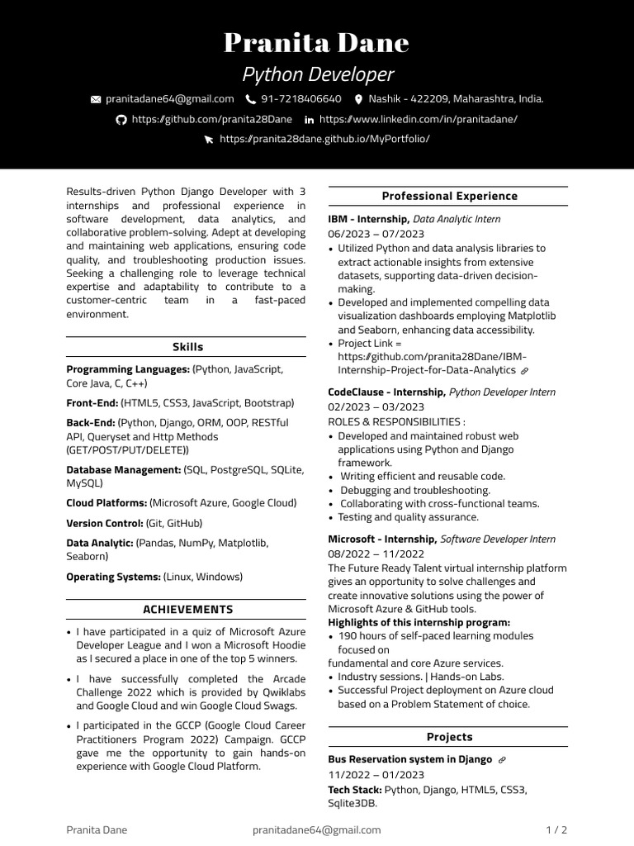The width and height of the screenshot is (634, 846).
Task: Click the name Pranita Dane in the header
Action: pyautogui.click(x=317, y=42)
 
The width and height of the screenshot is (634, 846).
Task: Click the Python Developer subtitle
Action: pyautogui.click(x=317, y=75)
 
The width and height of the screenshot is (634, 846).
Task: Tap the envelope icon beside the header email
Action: pyautogui.click(x=96, y=99)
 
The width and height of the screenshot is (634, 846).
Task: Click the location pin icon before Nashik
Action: pyautogui.click(x=358, y=99)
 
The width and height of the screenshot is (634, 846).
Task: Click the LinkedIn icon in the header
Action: pyautogui.click(x=309, y=120)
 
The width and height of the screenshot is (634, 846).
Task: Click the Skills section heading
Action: pyautogui.click(x=187, y=347)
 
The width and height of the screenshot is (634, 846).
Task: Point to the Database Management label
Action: pyautogui.click(x=123, y=469)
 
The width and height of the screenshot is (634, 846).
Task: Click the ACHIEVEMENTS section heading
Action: pyautogui.click(x=187, y=609)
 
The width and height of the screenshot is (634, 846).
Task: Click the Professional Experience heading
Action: pyautogui.click(x=449, y=196)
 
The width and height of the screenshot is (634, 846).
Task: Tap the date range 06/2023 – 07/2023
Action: pyautogui.click(x=376, y=234)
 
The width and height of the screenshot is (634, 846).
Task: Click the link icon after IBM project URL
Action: pyautogui.click(x=524, y=371)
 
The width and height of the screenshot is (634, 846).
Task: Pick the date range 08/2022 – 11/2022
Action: pyautogui.click(x=376, y=554)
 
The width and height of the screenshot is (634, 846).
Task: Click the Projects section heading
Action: pyautogui.click(x=449, y=736)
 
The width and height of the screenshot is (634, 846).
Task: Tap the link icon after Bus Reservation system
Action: pyautogui.click(x=502, y=759)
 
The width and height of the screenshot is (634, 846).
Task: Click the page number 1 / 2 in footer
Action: pyautogui.click(x=556, y=829)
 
